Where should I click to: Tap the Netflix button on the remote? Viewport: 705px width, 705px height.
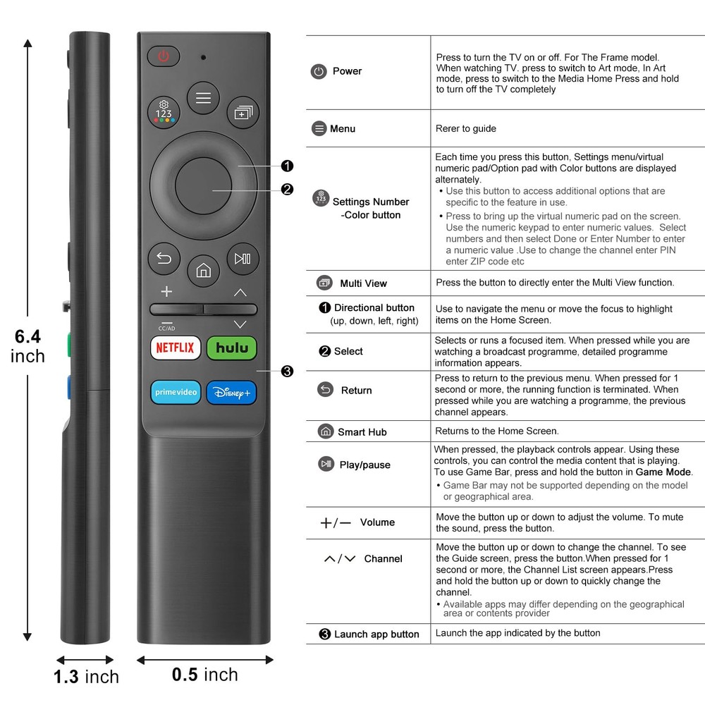tap(175, 348)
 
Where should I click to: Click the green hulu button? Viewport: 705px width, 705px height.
tap(232, 348)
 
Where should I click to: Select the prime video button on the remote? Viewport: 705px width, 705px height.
tap(175, 392)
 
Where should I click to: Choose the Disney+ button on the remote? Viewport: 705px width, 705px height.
tap(232, 393)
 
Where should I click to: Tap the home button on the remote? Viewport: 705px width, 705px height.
tap(203, 271)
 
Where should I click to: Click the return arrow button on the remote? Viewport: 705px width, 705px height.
tap(164, 258)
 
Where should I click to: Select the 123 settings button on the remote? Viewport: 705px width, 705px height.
tap(164, 111)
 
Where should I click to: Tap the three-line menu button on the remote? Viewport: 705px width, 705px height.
tap(203, 98)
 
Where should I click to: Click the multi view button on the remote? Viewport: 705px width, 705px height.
tap(243, 111)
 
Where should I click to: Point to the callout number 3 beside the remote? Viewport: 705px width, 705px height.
tap(287, 372)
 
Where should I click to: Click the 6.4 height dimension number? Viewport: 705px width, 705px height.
tap(28, 337)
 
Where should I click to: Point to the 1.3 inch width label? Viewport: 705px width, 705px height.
tap(87, 678)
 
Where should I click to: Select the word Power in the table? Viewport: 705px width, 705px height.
tap(347, 71)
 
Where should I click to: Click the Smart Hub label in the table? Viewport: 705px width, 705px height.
tap(362, 432)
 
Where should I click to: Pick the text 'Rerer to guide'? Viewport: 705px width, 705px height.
tap(466, 128)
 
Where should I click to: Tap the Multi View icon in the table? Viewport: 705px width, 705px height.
tap(324, 283)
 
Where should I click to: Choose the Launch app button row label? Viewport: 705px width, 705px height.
tap(376, 634)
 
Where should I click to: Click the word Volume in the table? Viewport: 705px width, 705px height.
tap(377, 522)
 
